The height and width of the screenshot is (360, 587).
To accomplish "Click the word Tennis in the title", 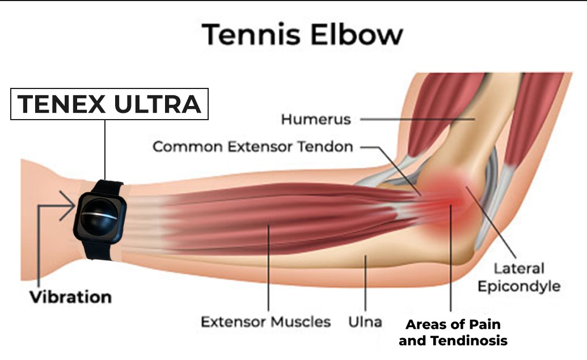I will [251, 35].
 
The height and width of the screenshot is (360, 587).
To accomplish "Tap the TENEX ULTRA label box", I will [109, 104].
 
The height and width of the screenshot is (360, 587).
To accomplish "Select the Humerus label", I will [316, 120].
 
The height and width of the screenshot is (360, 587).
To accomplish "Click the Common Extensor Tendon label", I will [253, 147].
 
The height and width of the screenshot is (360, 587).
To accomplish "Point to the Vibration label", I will [71, 297].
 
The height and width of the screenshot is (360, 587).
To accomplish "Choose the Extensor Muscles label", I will [266, 322].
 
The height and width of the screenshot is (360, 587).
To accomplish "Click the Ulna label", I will [365, 322].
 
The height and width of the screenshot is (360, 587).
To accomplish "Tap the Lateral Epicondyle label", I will [518, 277].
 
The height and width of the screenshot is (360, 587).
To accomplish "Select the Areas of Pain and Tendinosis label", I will [452, 333].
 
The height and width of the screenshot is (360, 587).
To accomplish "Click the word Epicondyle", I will [518, 285].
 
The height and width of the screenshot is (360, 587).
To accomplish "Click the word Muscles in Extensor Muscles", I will [301, 322].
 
